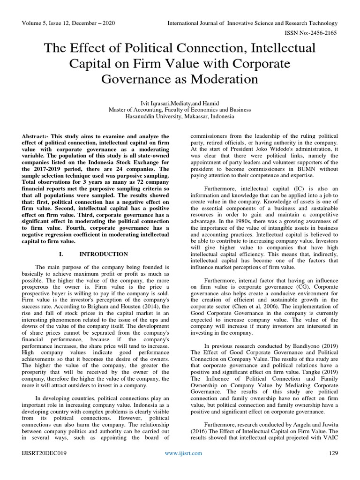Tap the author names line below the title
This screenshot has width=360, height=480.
coord(180,103)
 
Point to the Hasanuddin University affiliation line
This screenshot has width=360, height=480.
coord(180,117)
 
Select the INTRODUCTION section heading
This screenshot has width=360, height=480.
coord(104,254)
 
